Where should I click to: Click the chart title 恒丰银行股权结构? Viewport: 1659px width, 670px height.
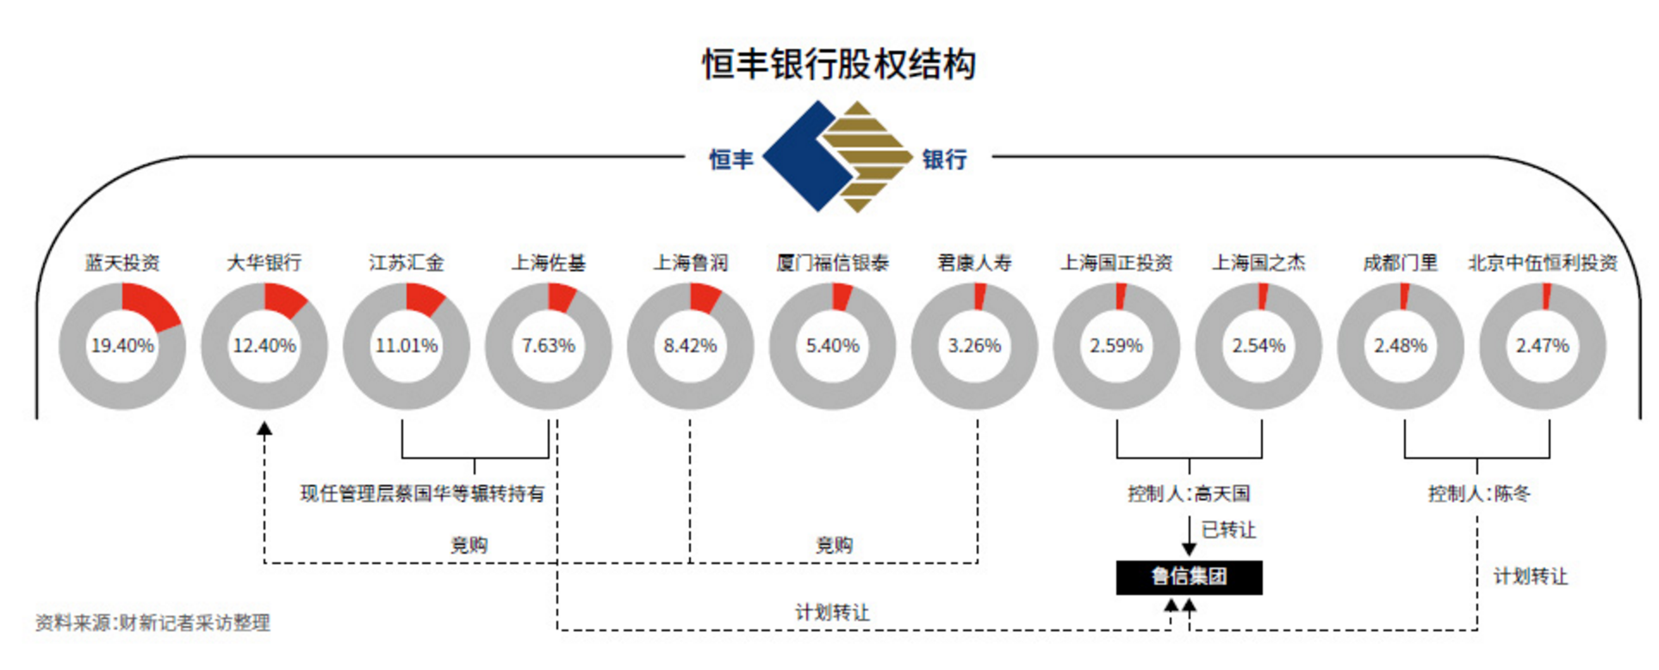point(839,65)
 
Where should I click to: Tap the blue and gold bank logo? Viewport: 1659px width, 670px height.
point(837,157)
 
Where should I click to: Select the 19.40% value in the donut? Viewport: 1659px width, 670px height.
point(122,345)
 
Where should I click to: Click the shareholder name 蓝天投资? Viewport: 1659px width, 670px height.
point(122,263)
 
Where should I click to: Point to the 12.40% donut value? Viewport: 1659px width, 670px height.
point(264,345)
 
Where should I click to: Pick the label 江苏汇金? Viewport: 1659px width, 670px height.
point(407,263)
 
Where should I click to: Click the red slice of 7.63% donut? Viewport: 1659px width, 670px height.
point(561,298)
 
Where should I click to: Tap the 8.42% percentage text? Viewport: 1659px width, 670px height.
point(690,345)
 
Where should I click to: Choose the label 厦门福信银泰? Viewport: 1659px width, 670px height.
point(832,263)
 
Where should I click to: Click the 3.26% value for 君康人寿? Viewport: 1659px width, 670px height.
point(974,345)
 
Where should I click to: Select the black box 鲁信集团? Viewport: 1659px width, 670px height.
point(1189,577)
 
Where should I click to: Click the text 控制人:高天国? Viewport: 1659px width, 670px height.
point(1189,493)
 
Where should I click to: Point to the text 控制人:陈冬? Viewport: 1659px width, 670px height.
point(1479,493)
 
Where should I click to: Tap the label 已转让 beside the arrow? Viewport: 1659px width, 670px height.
point(1229,530)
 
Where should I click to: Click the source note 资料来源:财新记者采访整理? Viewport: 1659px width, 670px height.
point(152,622)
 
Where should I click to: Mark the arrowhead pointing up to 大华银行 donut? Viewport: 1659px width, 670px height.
point(265,428)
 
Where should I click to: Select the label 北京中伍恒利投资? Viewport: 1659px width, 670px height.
point(1543,263)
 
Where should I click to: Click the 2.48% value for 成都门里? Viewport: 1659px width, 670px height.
point(1401,345)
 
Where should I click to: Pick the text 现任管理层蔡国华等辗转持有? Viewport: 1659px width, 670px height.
point(422,493)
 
